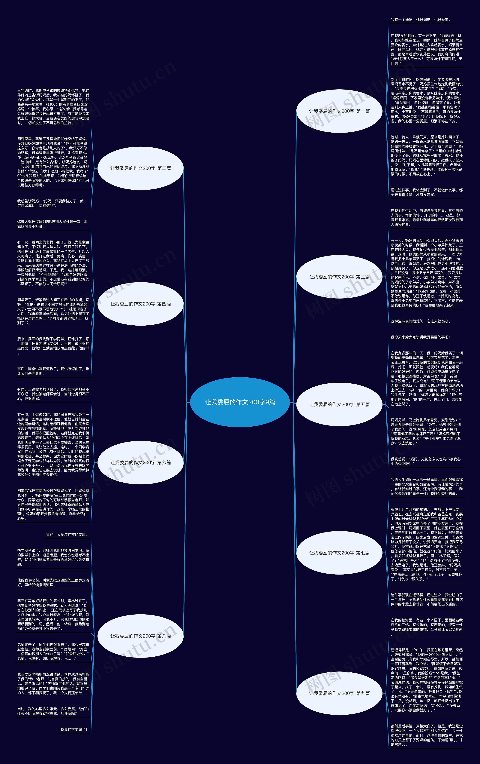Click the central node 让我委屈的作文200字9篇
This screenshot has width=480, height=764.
240,402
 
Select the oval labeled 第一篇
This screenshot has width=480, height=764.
339,111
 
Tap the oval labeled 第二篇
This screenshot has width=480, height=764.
140,168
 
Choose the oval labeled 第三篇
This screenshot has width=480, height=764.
339,277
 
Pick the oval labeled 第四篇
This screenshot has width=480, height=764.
140,304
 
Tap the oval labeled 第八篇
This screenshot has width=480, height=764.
140,636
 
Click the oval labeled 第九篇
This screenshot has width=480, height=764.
339,693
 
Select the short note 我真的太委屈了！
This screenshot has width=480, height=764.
74,729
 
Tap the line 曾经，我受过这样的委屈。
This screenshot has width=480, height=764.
67,534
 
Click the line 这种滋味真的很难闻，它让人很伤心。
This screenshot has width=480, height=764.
420,321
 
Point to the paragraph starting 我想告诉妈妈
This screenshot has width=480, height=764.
52,203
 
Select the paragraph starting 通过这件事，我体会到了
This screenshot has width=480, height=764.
426,192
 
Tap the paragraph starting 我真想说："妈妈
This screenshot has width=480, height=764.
425,461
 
